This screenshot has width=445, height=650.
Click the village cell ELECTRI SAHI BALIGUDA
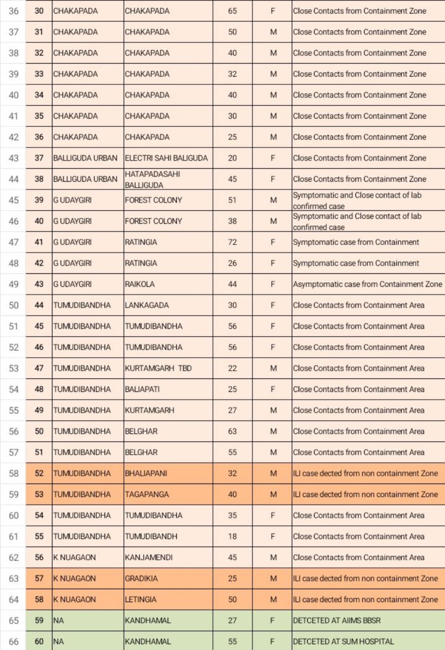click(166, 158)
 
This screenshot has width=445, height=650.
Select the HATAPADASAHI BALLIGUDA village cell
click(152, 179)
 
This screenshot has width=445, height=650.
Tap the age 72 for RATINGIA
click(232, 242)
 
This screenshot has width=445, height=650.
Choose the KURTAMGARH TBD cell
click(158, 368)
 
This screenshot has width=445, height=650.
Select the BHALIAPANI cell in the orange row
click(146, 473)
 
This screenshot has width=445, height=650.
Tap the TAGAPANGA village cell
click(147, 494)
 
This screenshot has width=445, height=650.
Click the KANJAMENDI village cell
click(148, 557)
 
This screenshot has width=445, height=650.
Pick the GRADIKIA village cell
click(141, 578)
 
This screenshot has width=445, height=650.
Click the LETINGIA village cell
click(141, 599)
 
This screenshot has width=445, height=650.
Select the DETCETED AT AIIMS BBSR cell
click(336, 621)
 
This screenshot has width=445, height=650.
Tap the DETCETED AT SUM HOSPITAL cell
click(343, 641)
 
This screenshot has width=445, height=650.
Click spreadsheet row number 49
click(14, 284)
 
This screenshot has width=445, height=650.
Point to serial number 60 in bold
click(39, 641)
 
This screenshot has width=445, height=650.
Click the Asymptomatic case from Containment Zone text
click(367, 284)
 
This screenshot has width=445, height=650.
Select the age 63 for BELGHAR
click(232, 431)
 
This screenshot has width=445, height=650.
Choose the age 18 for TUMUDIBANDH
click(232, 536)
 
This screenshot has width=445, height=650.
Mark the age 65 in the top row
click(232, 11)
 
